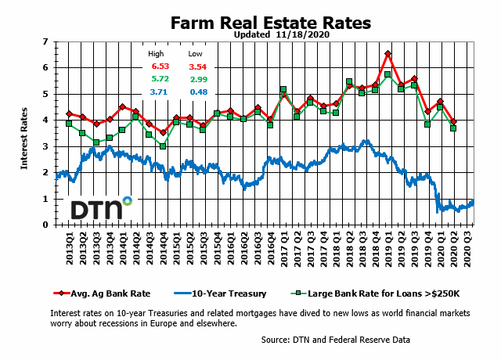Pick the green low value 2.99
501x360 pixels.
196,81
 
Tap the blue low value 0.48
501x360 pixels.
196,93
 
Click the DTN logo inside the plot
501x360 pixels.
101,209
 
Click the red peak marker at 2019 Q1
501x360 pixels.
388,54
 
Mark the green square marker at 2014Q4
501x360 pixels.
163,146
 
